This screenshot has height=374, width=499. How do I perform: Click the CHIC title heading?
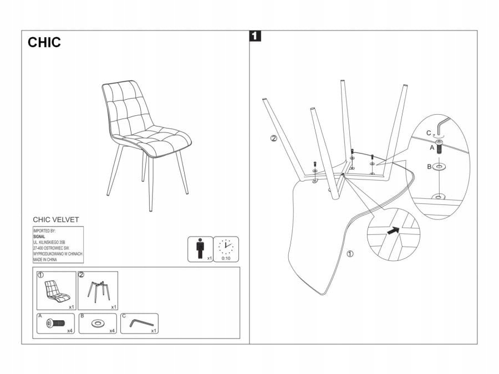(x=44, y=43)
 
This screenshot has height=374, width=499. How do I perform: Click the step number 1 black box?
(x=255, y=37)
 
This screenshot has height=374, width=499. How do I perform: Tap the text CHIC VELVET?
(x=56, y=219)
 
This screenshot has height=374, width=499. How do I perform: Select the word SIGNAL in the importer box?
(x=39, y=237)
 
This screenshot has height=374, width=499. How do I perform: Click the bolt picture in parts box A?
(x=56, y=322)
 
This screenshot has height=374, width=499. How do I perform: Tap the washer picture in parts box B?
(x=98, y=323)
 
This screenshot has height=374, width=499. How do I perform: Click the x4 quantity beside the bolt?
(x=70, y=330)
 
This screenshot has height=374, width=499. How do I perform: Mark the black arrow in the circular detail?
(x=394, y=231)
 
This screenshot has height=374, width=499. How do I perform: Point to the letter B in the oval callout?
(x=430, y=165)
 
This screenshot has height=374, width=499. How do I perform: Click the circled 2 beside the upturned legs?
(x=273, y=139)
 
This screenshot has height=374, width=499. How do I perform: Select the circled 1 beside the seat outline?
(x=350, y=254)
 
